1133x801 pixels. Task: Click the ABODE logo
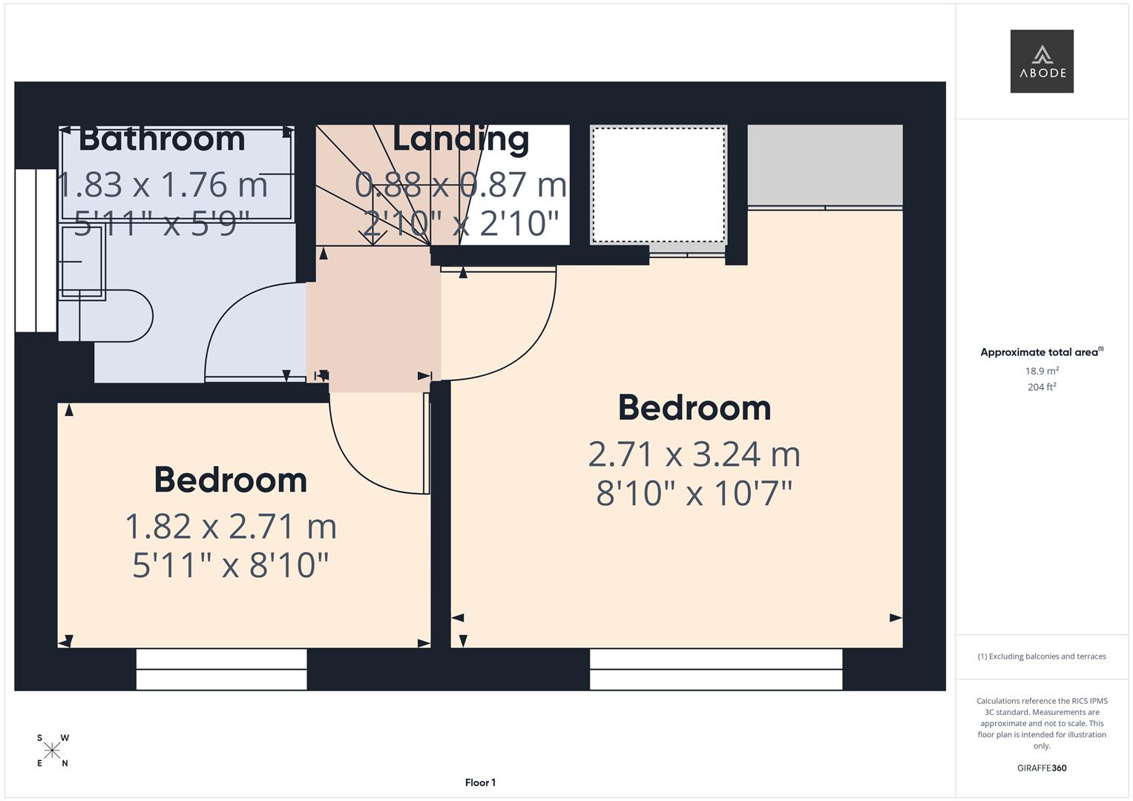1041,61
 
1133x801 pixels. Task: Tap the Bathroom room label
162,139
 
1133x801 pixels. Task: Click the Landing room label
460,139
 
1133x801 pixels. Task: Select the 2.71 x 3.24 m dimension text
694,454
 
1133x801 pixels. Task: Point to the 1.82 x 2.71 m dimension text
231,527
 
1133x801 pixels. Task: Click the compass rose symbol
52,751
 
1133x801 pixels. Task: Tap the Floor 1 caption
480,782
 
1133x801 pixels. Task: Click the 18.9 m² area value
1042,371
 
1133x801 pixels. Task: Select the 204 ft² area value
1042,387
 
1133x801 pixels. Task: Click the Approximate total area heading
1041,352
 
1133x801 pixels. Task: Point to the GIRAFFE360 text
1041,768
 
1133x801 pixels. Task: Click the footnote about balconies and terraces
1041,656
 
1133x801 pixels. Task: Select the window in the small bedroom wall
221,669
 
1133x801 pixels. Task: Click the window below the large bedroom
715,669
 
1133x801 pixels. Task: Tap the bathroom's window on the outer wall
36,250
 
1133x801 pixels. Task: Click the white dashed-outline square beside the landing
657,185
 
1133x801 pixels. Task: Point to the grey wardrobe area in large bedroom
824,165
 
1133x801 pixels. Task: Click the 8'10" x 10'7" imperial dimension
694,493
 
